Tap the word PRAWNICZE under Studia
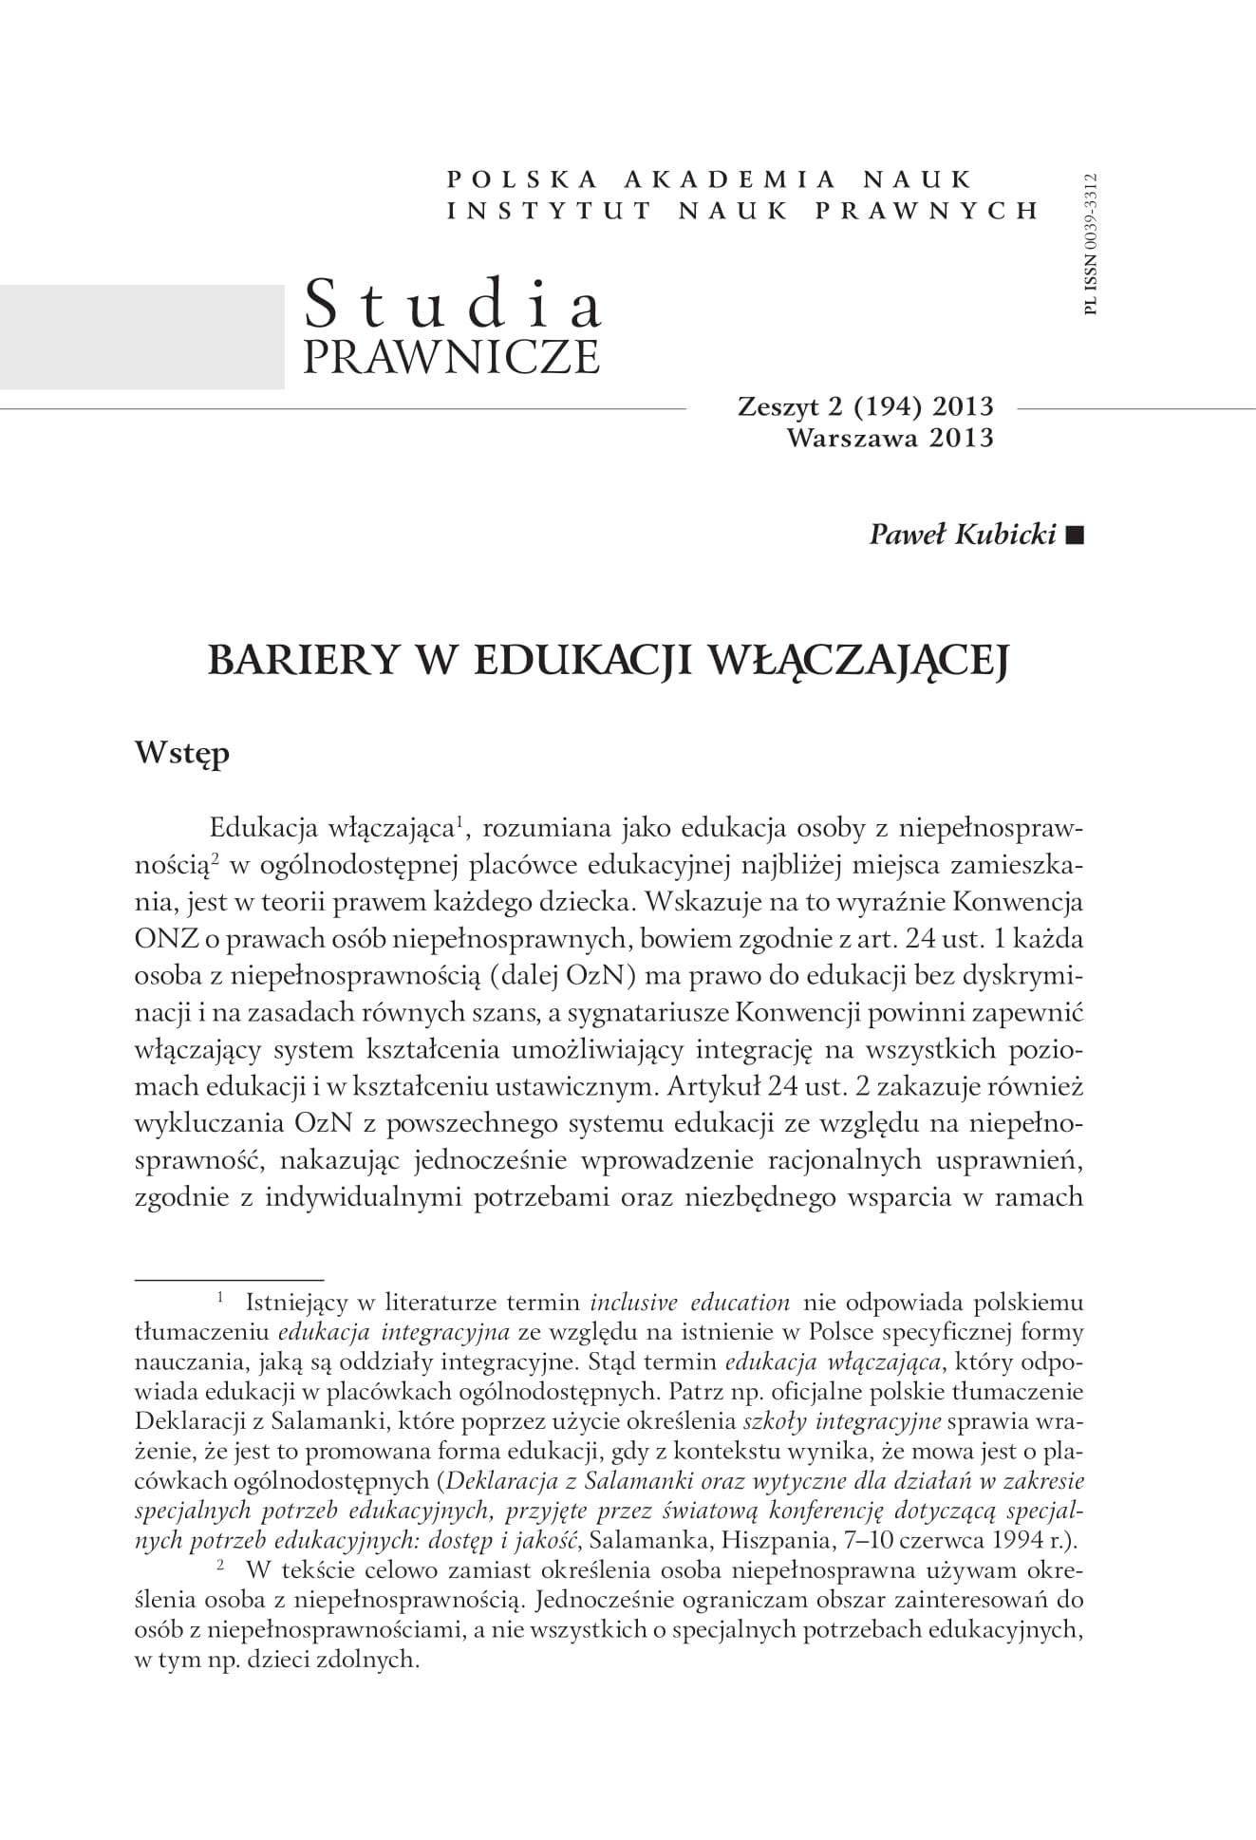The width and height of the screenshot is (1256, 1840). [451, 356]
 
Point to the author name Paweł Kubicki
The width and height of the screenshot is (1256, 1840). [963, 535]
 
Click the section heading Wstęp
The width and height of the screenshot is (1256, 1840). [182, 754]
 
